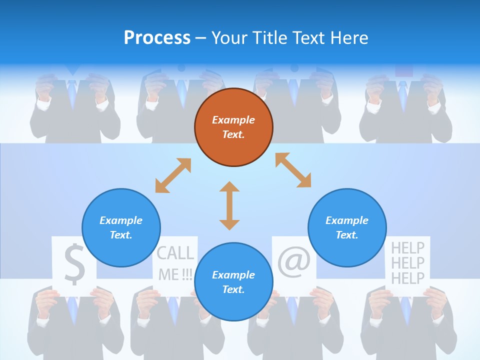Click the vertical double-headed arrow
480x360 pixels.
(229, 205)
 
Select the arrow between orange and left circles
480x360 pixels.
(173, 175)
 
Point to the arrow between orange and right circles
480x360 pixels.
(293, 170)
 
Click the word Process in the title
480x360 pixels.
(157, 37)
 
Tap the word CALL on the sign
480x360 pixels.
(175, 253)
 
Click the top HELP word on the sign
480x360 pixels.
(407, 247)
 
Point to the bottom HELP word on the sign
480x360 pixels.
(407, 278)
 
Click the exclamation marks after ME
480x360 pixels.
(187, 274)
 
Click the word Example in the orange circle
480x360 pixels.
(233, 120)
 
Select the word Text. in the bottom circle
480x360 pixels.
(233, 289)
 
